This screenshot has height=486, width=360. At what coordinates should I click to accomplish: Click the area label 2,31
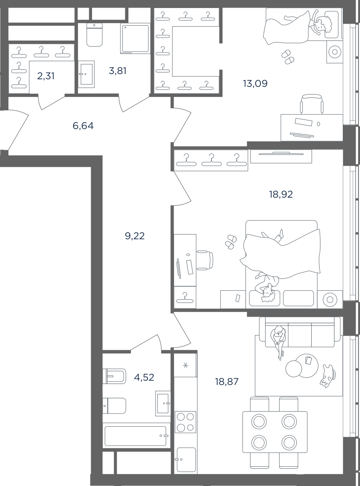pos(46,76)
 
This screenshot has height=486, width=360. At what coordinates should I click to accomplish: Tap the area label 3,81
pos(118,71)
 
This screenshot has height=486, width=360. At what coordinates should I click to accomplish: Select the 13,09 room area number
pos(255,84)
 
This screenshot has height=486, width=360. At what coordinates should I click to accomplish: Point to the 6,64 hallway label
pos(83,126)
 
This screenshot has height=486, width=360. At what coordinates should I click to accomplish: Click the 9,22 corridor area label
pos(135,236)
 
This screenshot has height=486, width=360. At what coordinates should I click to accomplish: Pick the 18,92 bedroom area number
pos(281,194)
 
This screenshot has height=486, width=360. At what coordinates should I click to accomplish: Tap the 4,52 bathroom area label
pos(144,378)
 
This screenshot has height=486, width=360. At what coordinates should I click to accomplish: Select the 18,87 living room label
pos(227,382)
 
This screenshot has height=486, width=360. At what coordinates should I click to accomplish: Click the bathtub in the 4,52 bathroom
pos(136,436)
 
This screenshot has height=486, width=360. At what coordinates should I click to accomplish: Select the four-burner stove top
pos(186,422)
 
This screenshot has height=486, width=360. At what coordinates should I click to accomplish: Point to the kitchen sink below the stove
pos(186,460)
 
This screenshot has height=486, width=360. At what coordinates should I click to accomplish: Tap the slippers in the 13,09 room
pos(288,57)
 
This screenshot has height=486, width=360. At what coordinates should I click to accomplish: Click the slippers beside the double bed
pos(231,242)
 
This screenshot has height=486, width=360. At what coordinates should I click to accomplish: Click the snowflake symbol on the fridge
pos(186,365)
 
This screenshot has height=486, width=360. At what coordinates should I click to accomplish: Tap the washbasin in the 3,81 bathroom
pos(86,74)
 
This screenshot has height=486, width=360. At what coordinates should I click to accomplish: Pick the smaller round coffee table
pos(294,369)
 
